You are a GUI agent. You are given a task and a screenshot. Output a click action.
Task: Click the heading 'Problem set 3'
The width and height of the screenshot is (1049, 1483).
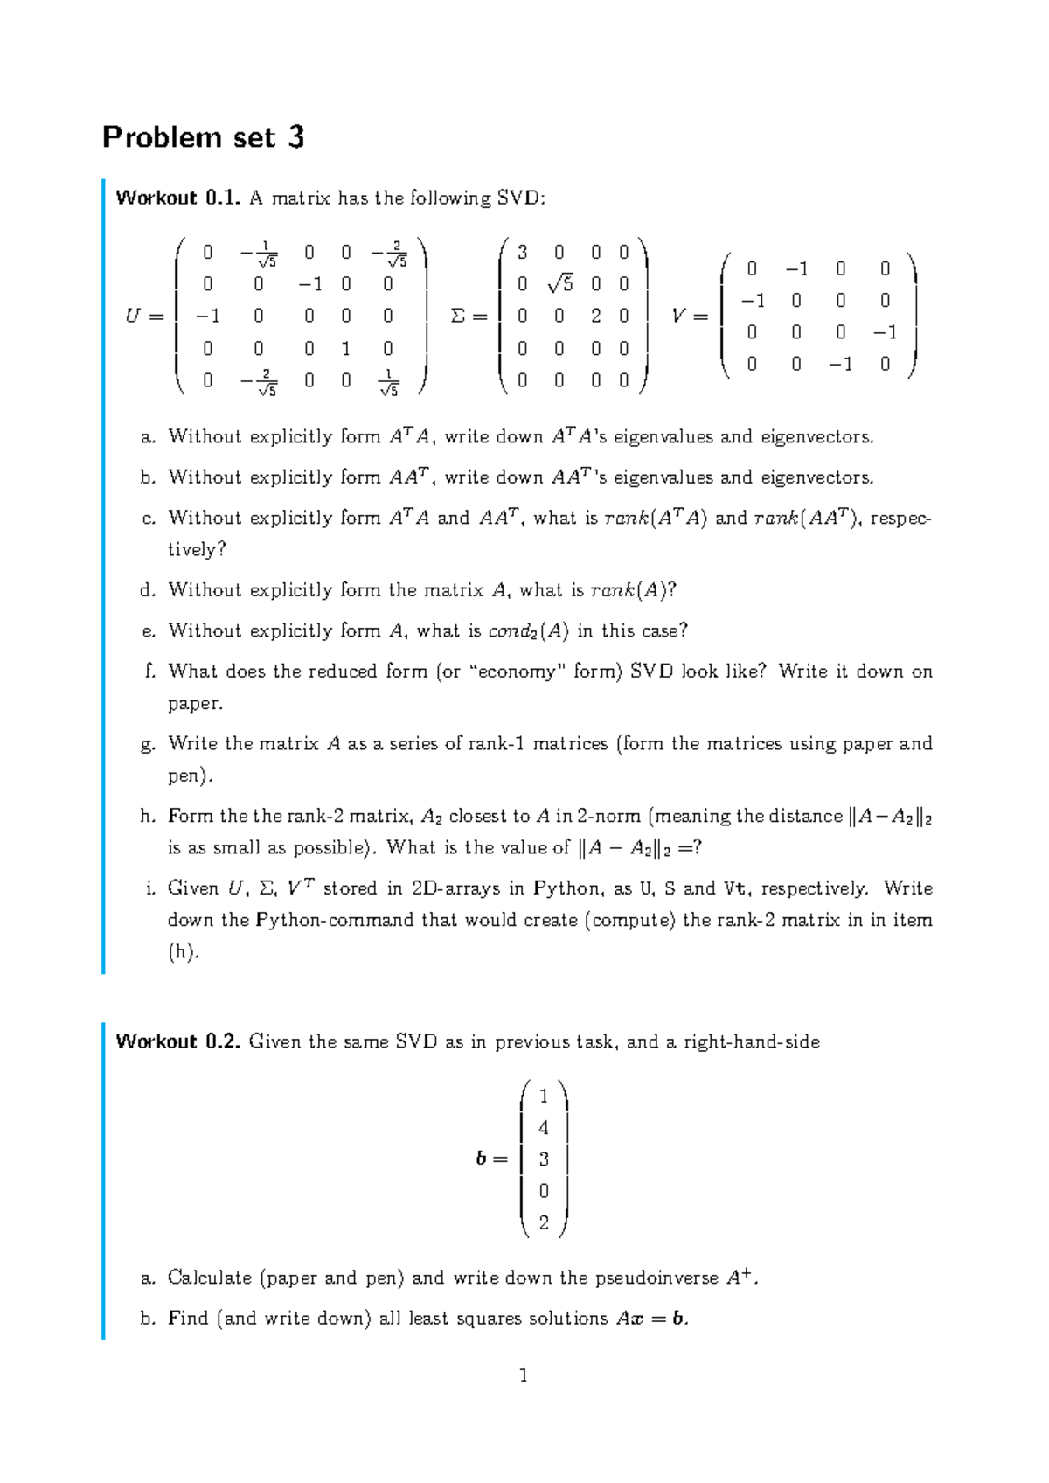203,137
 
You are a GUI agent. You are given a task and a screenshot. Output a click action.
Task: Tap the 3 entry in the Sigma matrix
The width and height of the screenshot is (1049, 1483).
522,253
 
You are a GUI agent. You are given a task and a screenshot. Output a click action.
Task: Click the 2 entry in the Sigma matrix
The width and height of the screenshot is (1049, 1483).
595,316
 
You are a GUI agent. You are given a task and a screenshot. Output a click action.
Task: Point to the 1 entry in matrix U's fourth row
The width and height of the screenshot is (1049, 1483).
345,348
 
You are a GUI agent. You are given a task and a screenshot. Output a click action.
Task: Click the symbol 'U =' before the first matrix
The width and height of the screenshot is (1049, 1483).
144,317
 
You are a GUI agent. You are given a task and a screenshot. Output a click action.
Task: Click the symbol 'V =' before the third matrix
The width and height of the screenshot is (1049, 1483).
689,317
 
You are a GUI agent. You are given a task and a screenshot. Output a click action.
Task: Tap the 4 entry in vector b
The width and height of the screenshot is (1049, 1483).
544,1128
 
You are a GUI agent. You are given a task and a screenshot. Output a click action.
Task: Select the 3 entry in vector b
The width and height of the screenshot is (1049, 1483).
544,1159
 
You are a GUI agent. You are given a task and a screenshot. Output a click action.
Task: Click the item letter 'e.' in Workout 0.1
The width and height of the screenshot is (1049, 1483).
148,630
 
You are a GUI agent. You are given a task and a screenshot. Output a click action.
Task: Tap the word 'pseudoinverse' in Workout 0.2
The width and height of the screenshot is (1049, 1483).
657,1278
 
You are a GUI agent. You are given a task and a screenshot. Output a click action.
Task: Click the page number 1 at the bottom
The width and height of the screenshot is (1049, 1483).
524,1375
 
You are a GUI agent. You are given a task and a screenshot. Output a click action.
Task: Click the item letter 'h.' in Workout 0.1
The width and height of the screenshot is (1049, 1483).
148,816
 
